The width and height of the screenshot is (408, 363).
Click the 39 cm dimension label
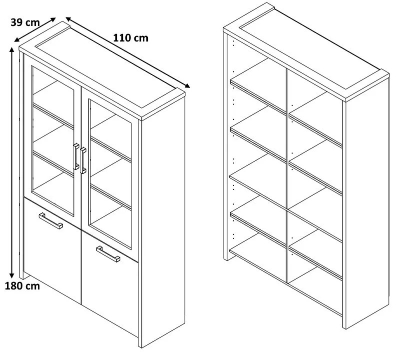[x=25, y=22]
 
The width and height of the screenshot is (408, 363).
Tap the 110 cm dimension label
[x=131, y=38]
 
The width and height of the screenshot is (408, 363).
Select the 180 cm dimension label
[x=22, y=286]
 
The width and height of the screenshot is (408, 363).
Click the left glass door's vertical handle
[x=76, y=156]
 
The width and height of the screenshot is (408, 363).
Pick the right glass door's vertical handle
[x=83, y=160]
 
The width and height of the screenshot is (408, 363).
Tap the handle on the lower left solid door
[x=51, y=220]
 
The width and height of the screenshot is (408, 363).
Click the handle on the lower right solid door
[x=108, y=254]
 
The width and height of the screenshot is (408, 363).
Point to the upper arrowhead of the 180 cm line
[x=11, y=49]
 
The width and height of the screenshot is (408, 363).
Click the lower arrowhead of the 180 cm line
[x=11, y=275]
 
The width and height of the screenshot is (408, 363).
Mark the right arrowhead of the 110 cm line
[x=187, y=85]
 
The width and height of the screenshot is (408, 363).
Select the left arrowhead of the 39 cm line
[x=17, y=40]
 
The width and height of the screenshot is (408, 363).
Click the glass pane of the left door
[x=53, y=140]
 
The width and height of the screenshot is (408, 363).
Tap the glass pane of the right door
[x=110, y=173]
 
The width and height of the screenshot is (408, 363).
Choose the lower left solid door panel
[x=52, y=250]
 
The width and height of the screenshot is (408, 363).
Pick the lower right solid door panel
[x=110, y=283]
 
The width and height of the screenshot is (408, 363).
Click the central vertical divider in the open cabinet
[x=287, y=176]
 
